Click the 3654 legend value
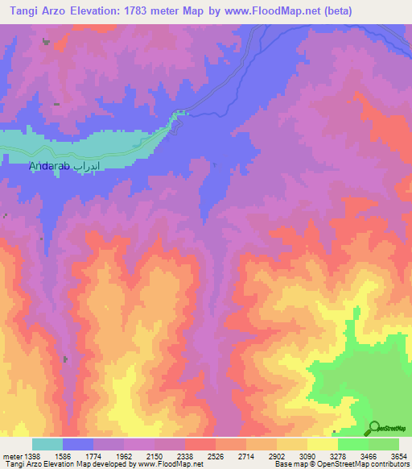pos(399,456)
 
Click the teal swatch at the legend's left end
pos(47,444)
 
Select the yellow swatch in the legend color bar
pos(323,444)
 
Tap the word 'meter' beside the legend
pos(11,456)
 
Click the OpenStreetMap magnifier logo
pos(373,429)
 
